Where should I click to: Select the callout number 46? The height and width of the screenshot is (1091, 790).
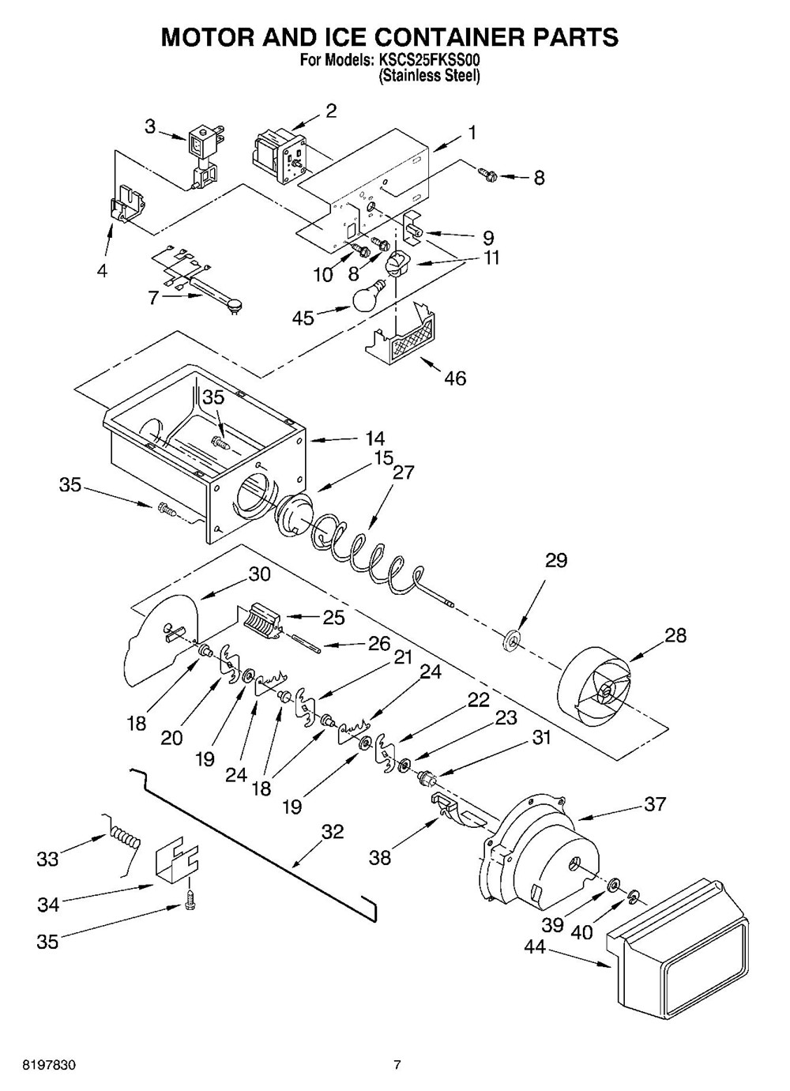click(455, 378)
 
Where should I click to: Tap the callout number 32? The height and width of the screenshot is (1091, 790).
click(333, 831)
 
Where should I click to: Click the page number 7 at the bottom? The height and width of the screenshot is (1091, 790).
click(397, 1066)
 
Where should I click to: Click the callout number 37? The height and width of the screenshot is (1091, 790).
click(655, 804)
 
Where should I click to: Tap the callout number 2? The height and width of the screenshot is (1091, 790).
click(331, 111)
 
